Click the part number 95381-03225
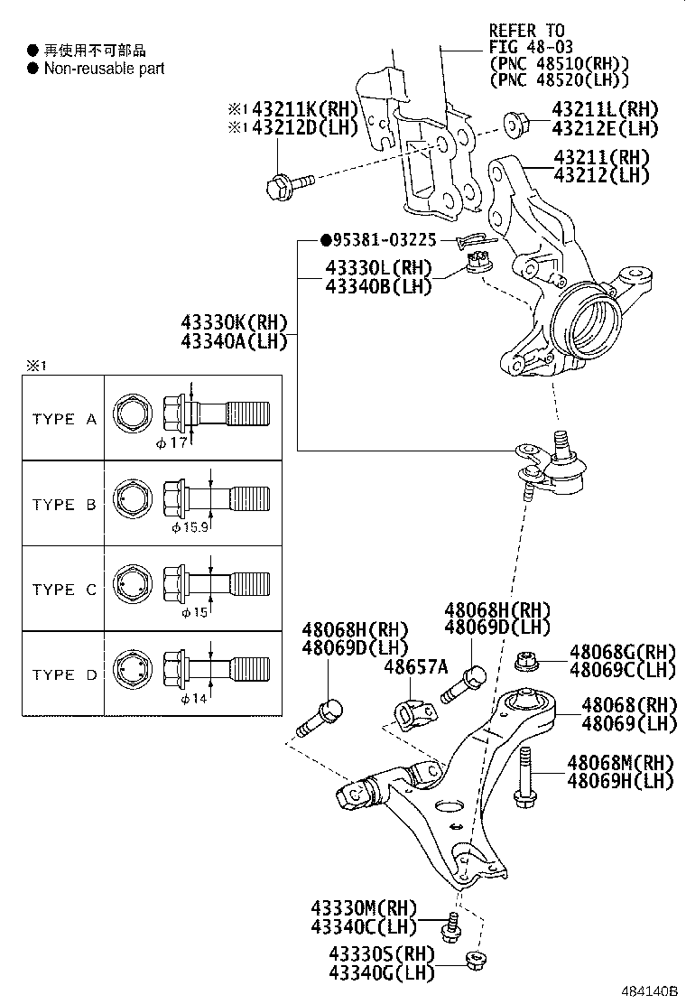pyautogui.click(x=385, y=240)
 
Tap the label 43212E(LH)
pyautogui.click(x=605, y=128)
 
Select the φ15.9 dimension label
pyautogui.click(x=190, y=526)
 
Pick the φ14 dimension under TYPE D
pyautogui.click(x=194, y=699)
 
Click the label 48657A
pyautogui.click(x=416, y=666)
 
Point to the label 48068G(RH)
pyautogui.click(x=622, y=652)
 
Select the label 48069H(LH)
pyautogui.click(x=620, y=781)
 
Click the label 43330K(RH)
pyautogui.click(x=234, y=322)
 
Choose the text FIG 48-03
pyautogui.click(x=532, y=47)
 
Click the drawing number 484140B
pyautogui.click(x=647, y=991)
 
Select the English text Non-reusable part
pyautogui.click(x=104, y=68)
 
